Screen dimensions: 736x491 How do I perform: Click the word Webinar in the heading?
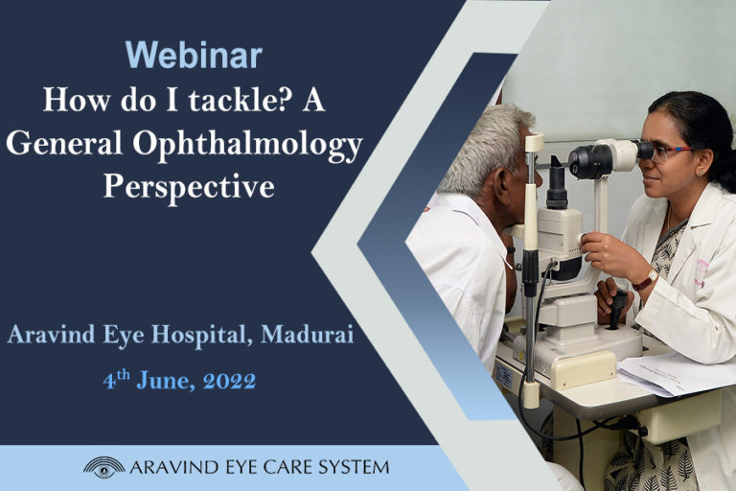click(x=194, y=56)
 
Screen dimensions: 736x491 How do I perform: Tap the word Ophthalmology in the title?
click(x=247, y=145)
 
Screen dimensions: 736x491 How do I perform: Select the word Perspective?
click(x=189, y=188)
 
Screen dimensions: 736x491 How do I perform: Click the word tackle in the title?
click(x=240, y=100)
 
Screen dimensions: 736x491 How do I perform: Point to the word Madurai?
click(x=307, y=335)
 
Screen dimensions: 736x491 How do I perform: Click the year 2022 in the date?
click(x=230, y=381)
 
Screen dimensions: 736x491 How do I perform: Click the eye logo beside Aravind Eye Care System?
click(x=104, y=467)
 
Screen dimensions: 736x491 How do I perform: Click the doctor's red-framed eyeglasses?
click(x=669, y=152)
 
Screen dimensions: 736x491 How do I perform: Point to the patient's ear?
click(x=502, y=180)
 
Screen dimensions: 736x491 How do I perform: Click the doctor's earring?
click(x=701, y=174)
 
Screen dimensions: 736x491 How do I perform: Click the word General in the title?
click(x=65, y=143)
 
